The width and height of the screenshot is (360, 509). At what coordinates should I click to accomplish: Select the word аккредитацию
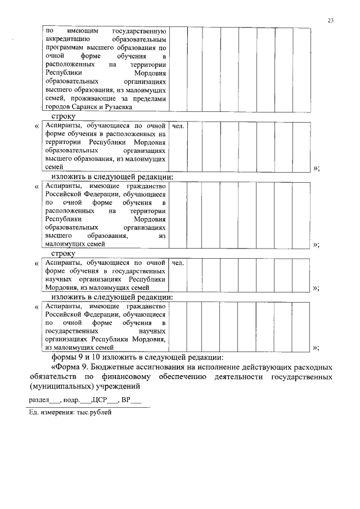[x=67, y=40]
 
